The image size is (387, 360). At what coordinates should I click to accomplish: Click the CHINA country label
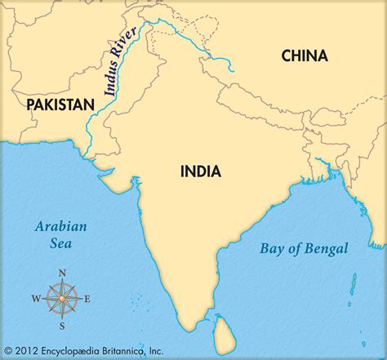pyautogui.click(x=304, y=56)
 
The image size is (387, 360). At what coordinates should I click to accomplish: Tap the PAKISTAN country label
pyautogui.click(x=60, y=104)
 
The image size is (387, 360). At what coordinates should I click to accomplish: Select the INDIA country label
pyautogui.click(x=200, y=171)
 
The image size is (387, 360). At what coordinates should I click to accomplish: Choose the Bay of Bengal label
pyautogui.click(x=304, y=249)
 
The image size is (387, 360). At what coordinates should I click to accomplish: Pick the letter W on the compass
pyautogui.click(x=36, y=299)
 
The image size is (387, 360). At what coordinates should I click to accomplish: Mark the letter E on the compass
pyautogui.click(x=88, y=299)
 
